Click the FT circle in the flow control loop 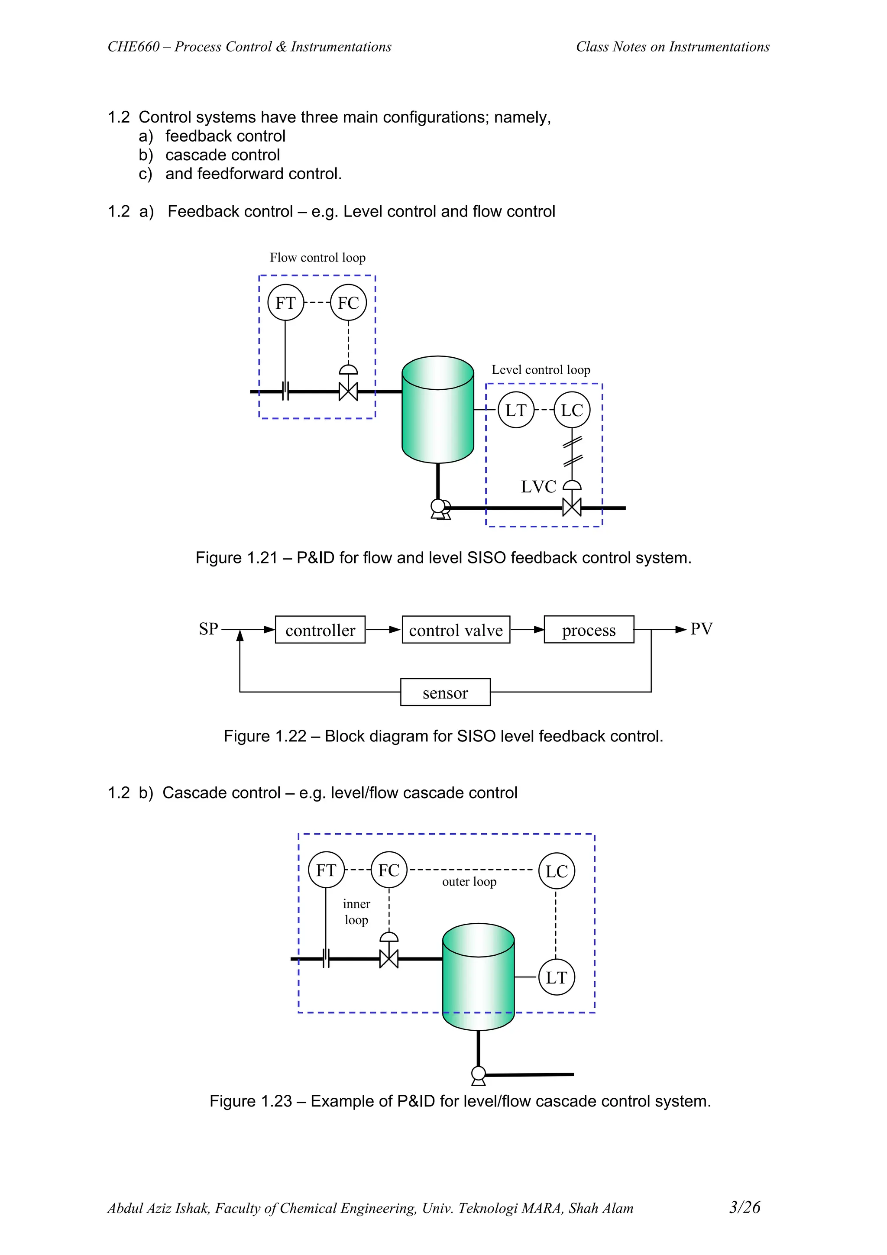[285, 303]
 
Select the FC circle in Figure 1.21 [348, 303]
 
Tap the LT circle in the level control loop [515, 410]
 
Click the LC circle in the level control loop [572, 410]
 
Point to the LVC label [538, 486]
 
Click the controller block [320, 630]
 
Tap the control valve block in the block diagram [456, 630]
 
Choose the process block [589, 630]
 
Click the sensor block [445, 692]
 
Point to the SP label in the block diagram [208, 629]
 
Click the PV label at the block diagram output [701, 629]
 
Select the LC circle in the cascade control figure [557, 871]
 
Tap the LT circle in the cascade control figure [557, 977]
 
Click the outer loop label [469, 882]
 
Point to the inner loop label [356, 912]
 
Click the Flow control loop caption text [317, 257]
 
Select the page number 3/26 [745, 1207]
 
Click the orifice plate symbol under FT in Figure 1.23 [326, 959]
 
